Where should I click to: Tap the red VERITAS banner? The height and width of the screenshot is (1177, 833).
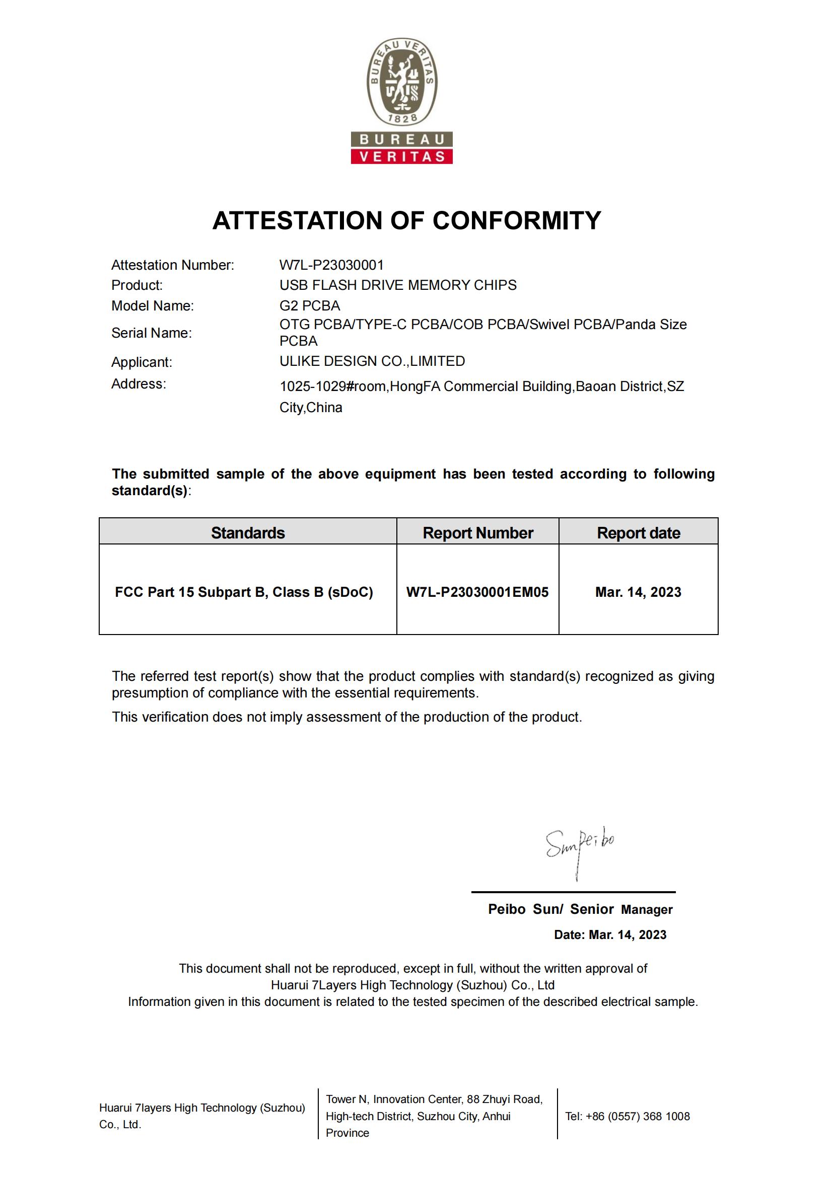click(401, 156)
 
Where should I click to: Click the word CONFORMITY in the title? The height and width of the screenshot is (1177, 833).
click(517, 220)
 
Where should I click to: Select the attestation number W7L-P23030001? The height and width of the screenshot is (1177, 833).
click(331, 265)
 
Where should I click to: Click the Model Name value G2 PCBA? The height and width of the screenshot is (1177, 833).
click(309, 305)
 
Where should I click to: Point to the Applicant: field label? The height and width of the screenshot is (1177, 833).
click(142, 362)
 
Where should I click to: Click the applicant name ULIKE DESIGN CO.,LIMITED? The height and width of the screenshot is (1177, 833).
click(372, 361)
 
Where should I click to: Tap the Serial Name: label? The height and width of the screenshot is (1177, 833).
click(151, 333)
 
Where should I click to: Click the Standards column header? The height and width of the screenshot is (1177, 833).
click(248, 532)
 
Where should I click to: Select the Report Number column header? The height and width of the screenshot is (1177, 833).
click(477, 532)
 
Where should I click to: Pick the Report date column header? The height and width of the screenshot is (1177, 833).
click(638, 532)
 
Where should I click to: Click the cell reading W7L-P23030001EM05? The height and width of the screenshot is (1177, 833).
click(477, 592)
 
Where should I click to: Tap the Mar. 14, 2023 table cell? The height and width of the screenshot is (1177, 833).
click(638, 592)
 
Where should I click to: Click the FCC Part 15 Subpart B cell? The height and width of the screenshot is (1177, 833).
click(244, 592)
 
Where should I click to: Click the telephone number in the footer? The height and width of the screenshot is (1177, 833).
click(628, 1116)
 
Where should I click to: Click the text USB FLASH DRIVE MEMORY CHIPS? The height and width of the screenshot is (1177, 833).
click(397, 285)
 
